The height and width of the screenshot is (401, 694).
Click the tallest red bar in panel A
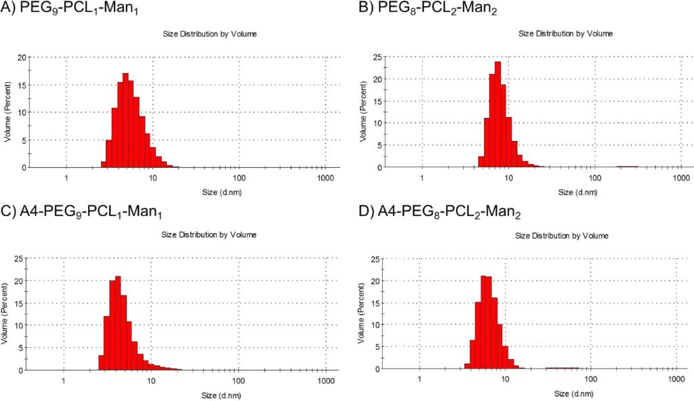(x=125, y=120)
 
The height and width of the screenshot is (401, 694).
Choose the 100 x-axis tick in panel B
(x=595, y=180)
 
